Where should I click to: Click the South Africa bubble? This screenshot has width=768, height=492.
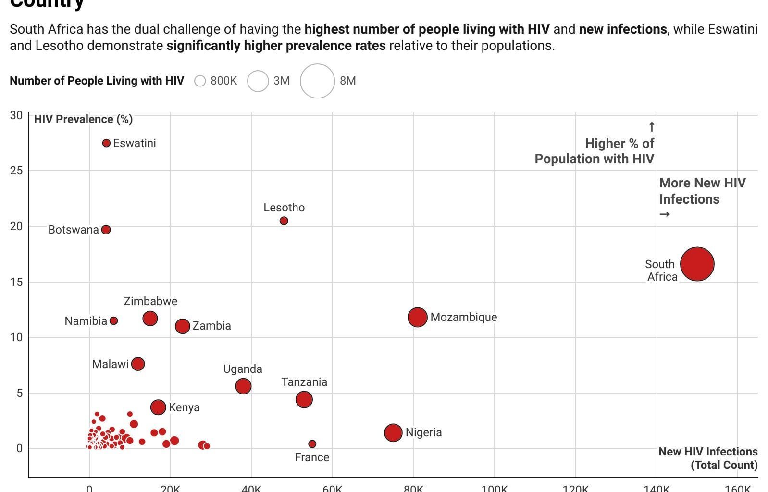697,264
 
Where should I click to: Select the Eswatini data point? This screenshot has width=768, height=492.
107,143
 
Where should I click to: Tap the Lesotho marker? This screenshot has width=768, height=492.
284,221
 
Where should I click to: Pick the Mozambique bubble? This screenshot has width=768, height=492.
417,317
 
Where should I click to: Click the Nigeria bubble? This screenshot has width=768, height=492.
393,432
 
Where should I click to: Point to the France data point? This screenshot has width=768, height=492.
312,444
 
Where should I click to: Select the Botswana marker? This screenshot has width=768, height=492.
106,230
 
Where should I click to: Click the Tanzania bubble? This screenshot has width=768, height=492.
304,399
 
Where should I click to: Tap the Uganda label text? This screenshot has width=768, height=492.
243,369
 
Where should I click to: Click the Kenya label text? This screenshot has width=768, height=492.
184,407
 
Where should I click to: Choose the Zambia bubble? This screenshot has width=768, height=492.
182,326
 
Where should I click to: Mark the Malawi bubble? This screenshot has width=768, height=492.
138,364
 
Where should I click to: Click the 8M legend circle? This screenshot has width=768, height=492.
317,81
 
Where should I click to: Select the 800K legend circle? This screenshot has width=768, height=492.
200,81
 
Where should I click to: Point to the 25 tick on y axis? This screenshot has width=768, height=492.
16,171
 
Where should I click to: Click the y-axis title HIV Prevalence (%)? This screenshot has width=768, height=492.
83,119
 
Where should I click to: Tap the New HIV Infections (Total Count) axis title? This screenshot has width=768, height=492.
708,458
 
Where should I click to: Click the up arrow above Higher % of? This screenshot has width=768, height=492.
652,127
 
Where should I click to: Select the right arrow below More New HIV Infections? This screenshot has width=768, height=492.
665,214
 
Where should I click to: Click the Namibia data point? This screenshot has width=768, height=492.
114,321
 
